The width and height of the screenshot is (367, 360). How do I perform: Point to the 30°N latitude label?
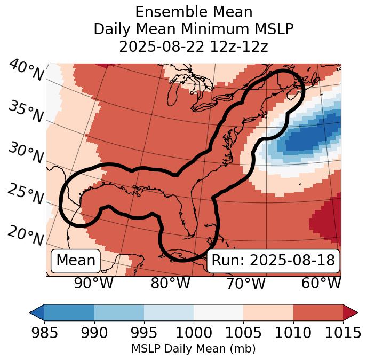coord(26,153)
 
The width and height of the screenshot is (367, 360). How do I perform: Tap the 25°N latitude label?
coord(26,194)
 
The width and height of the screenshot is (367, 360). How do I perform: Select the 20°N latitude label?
coord(26,235)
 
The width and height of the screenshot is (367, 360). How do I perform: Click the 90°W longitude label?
coord(94,284)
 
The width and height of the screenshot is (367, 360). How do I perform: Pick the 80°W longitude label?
coord(170,284)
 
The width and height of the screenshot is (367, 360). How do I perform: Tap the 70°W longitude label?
coord(245,284)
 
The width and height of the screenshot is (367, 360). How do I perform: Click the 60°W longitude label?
coord(321,284)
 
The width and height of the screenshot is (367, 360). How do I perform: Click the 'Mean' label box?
coord(76,261)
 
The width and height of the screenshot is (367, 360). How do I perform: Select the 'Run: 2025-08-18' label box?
coord(273,261)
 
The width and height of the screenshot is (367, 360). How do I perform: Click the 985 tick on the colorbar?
coord(44,333)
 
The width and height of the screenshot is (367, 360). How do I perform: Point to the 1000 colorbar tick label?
coord(194,333)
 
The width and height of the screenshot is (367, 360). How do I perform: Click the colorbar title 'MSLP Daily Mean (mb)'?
coord(194,349)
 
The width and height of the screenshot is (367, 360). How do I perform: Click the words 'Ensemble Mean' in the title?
coord(194,12)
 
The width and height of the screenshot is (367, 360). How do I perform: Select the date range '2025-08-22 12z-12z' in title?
coord(194,47)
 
